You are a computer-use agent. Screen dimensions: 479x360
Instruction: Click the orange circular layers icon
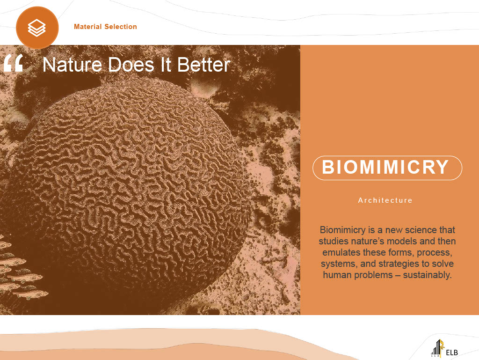tap(37, 28)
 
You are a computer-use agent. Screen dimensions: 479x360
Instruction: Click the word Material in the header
tap(87, 27)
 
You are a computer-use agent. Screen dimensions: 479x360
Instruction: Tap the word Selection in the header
tap(121, 27)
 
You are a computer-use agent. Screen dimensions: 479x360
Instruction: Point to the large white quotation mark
tap(14, 63)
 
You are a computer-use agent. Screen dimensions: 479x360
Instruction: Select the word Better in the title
tap(203, 65)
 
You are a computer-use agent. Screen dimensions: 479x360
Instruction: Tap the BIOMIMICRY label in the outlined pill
tap(385, 167)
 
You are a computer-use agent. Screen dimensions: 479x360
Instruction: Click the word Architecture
tap(385, 200)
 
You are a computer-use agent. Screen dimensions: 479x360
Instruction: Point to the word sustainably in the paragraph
tap(427, 275)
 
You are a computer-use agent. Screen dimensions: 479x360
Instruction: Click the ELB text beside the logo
tap(452, 353)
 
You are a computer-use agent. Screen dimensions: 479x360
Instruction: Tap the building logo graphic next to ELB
tap(437, 348)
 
